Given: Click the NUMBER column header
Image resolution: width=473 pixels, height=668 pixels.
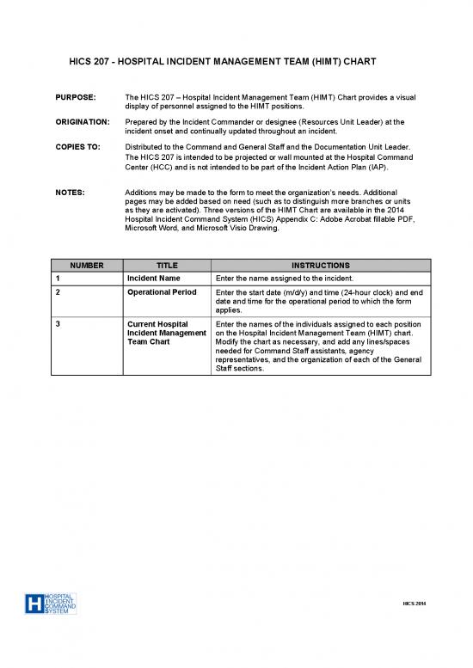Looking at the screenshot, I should click(85, 267).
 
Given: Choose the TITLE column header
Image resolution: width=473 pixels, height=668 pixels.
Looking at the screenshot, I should click(167, 267).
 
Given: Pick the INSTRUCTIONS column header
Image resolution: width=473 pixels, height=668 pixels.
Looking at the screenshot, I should click(318, 267).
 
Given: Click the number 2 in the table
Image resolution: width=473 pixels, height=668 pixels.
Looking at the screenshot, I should click(57, 293).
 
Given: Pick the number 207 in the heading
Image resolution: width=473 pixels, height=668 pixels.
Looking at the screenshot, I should click(107, 63).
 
